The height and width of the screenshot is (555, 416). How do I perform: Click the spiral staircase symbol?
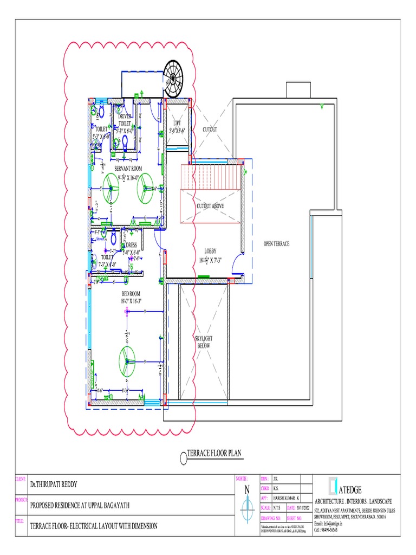(173, 78)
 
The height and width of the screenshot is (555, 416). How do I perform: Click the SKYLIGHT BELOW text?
(204, 341)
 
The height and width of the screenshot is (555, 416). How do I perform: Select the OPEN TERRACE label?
(276, 244)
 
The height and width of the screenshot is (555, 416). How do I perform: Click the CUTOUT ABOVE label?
(210, 206)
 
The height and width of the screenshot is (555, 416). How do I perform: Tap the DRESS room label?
(132, 245)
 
